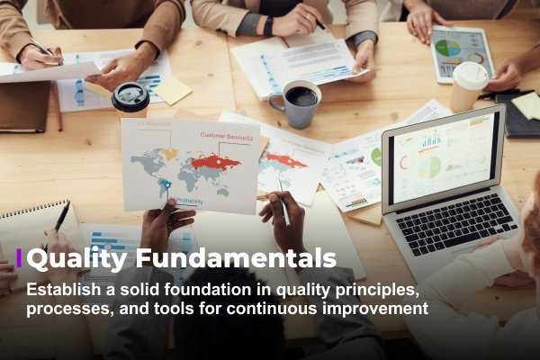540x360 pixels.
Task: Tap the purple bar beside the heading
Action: pos(19,259)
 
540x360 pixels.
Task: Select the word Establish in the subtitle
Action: pos(62,292)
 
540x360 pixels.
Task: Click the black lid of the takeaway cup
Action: pos(131,97)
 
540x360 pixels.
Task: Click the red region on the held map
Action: pos(218,162)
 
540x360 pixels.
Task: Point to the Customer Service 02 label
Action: pos(228,136)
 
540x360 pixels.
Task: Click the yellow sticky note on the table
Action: pos(171,90)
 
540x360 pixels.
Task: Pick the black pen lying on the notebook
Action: pos(60,219)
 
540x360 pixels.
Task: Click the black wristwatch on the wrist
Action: pos(267,26)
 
